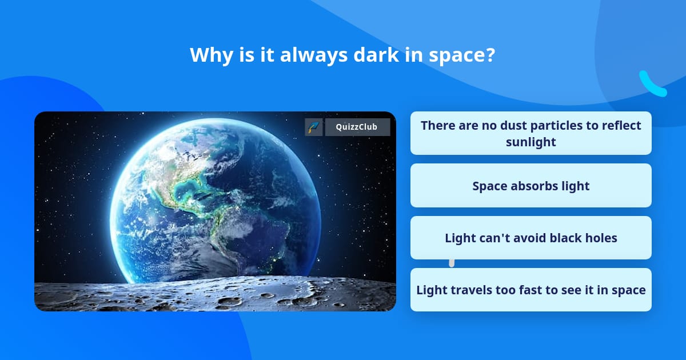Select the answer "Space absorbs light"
click(x=531, y=186)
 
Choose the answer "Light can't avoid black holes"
click(x=531, y=238)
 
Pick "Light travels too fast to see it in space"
click(x=531, y=290)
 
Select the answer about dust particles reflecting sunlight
click(x=531, y=133)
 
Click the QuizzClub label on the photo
click(x=357, y=127)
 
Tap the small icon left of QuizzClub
click(x=313, y=127)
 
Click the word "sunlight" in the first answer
click(x=531, y=142)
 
